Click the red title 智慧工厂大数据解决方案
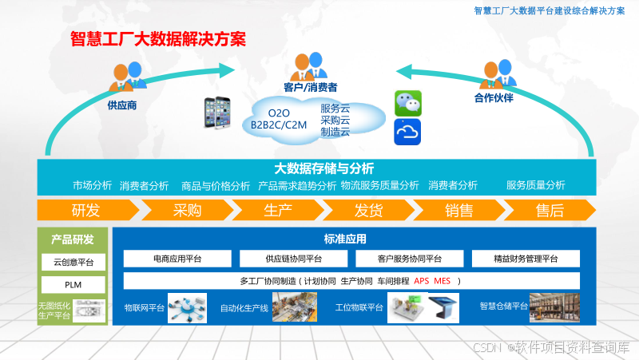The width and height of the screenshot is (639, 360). coord(157,38)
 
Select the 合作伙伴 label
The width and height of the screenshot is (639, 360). coord(493,98)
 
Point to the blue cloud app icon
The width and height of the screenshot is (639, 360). coord(407,132)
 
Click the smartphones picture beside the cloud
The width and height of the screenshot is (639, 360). coord(221,113)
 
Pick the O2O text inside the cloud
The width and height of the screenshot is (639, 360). coord(279,113)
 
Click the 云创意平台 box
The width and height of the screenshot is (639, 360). coord(73,263)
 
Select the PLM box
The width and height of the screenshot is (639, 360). coord(73,284)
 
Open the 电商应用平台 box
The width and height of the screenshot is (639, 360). coord(177,259)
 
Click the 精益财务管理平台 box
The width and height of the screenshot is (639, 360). coord(526,259)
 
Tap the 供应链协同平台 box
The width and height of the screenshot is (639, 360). coord(293,259)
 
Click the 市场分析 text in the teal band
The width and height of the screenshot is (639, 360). coord(92,185)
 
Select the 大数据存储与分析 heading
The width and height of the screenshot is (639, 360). coord(323,168)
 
